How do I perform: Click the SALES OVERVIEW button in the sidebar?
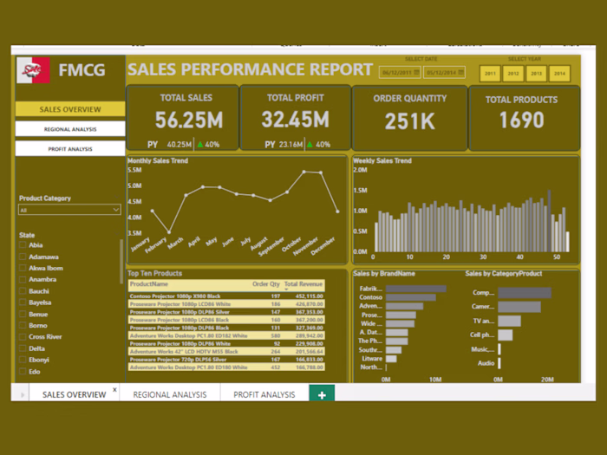point(70,110)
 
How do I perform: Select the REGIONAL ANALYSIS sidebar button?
point(70,129)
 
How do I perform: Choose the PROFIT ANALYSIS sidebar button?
point(70,149)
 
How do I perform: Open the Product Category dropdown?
point(70,210)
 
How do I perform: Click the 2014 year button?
point(559,74)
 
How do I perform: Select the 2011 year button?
point(491,74)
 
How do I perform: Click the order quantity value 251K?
point(409,120)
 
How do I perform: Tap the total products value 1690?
point(521,120)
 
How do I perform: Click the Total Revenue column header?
point(303,283)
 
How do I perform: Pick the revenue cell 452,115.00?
point(310,296)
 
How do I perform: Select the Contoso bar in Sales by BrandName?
point(408,297)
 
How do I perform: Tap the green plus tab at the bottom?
point(322,394)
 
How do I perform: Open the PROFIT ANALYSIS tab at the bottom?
point(265,394)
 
